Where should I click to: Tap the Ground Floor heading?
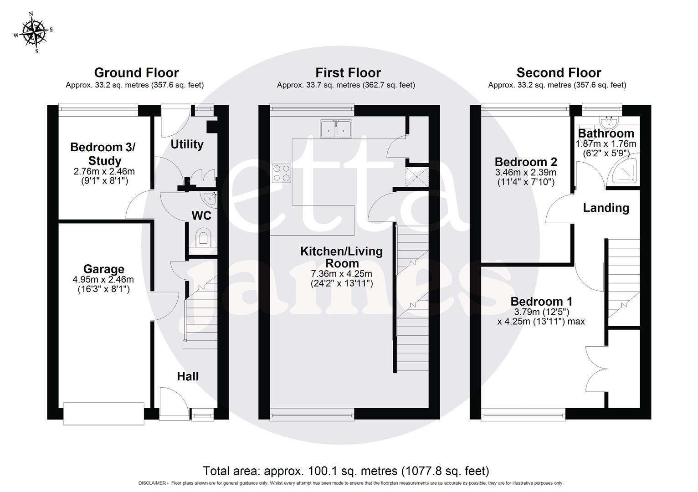pyautogui.click(x=136, y=73)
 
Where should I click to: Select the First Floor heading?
pyautogui.click(x=348, y=73)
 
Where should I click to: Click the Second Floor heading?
pyautogui.click(x=559, y=73)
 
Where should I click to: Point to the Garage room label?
pyautogui.click(x=103, y=269)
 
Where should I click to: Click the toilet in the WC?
pyautogui.click(x=203, y=239)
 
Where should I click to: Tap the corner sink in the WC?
pyautogui.click(x=210, y=198)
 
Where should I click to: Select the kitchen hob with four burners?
pyautogui.click(x=281, y=173)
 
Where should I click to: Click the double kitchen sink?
pyautogui.click(x=336, y=128)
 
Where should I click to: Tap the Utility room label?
pyautogui.click(x=187, y=144)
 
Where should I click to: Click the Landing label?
pyautogui.click(x=606, y=208)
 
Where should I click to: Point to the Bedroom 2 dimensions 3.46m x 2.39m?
pyautogui.click(x=525, y=173)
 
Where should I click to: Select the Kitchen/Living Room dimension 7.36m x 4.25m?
pyautogui.click(x=341, y=274)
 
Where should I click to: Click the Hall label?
pyautogui.click(x=188, y=376)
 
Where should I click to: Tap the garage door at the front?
pyautogui.click(x=104, y=414)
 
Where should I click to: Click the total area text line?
pyautogui.click(x=346, y=471)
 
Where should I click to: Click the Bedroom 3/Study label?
pyautogui.click(x=103, y=154)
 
